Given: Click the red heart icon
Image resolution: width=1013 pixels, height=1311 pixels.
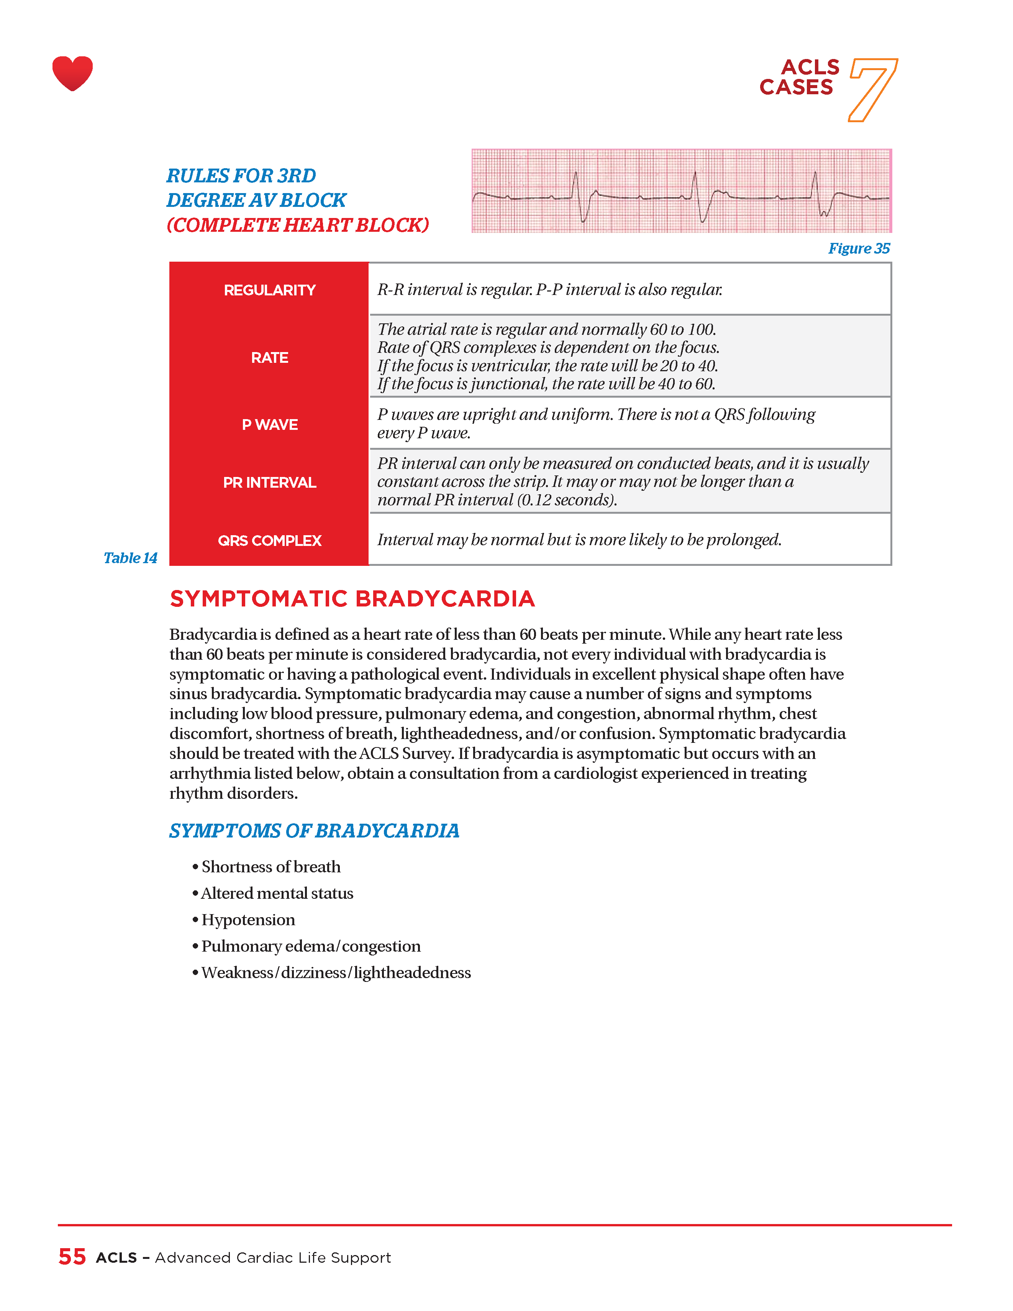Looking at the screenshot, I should tap(73, 73).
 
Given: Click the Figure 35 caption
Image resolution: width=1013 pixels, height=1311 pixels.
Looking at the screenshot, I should tap(859, 249).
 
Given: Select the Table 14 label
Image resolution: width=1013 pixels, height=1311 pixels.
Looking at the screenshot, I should tap(130, 558).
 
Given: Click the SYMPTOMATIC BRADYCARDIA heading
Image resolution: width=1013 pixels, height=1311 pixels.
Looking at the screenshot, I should tap(352, 599).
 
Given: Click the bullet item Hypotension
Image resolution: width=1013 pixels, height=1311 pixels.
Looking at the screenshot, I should tap(248, 919).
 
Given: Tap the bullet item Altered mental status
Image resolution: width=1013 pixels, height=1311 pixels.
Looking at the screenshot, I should tap(277, 893).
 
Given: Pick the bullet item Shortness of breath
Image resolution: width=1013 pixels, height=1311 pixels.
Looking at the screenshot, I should tap(271, 867).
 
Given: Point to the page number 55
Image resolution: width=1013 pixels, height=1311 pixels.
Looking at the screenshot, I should tap(72, 1257).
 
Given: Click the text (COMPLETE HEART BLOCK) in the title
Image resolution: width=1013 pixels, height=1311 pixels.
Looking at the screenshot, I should tap(298, 225).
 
